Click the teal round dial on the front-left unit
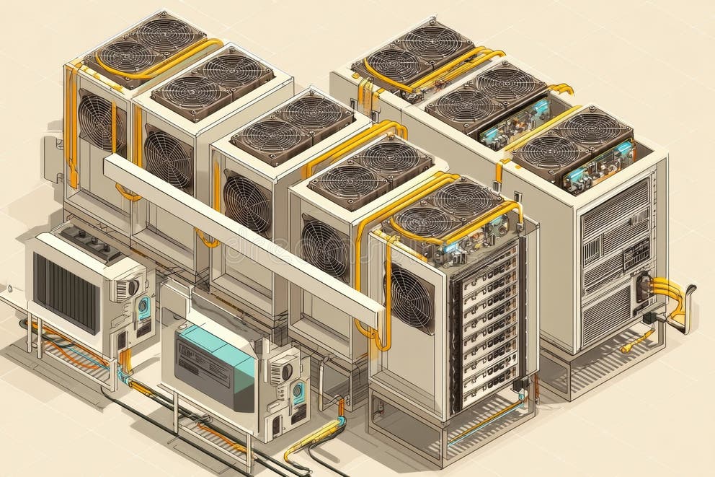click(144, 306)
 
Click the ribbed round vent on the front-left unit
click(125, 289)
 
